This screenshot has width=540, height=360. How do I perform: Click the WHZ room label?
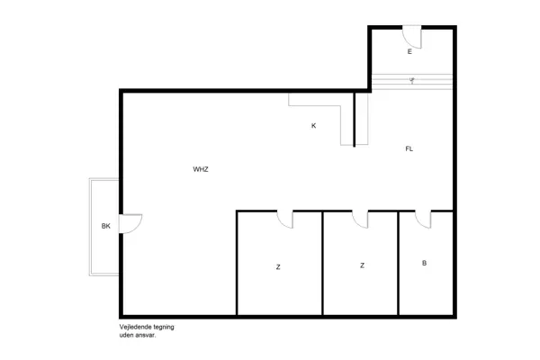tap(200, 169)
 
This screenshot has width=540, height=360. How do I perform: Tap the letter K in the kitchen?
tap(313, 126)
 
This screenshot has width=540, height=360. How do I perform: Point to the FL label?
tap(409, 148)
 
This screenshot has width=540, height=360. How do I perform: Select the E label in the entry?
tap(409, 52)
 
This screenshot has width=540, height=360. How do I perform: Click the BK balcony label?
tap(105, 226)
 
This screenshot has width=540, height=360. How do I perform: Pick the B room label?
tap(424, 264)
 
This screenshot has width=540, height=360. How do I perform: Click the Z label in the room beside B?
tap(362, 265)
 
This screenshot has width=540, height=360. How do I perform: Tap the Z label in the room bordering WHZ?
tap(278, 266)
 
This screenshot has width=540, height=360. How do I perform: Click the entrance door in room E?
tap(411, 37)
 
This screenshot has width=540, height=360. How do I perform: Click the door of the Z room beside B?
tap(361, 219)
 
